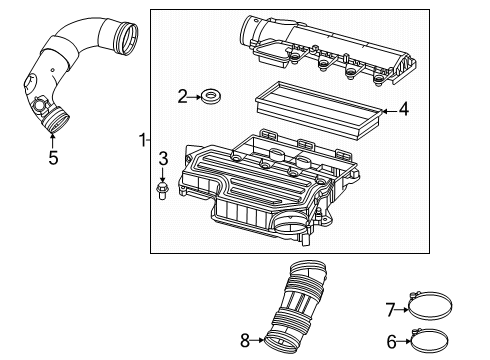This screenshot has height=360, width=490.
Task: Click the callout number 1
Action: (x=141, y=141)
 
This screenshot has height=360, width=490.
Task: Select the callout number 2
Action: (x=182, y=96)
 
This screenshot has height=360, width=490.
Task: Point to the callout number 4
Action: (x=404, y=109)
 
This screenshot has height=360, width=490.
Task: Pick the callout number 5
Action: (x=53, y=156)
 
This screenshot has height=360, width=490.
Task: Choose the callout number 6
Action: (x=391, y=341)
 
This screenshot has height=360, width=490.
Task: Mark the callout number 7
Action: (x=391, y=308)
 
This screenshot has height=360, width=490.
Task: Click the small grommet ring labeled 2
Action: (x=211, y=97)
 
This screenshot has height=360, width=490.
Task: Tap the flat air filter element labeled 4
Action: (x=315, y=110)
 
